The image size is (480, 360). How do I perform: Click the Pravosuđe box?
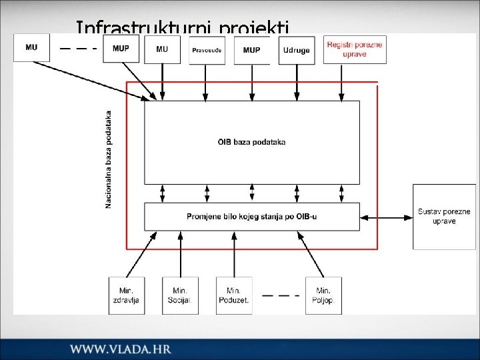[207, 50]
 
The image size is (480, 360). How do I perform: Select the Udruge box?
[297, 50]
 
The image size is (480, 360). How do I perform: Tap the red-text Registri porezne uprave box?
[355, 49]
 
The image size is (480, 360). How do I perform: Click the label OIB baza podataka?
[251, 141]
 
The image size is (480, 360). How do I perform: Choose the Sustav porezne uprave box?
[444, 217]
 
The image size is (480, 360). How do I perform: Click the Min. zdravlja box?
[127, 295]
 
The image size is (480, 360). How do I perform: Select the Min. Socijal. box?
[180, 295]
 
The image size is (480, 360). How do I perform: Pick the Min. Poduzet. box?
[234, 295]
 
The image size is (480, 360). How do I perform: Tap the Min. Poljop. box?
[323, 295]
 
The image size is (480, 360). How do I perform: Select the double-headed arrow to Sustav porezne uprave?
[387, 217]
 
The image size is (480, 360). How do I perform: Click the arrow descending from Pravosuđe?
[207, 83]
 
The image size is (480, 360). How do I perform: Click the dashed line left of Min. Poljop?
[280, 295]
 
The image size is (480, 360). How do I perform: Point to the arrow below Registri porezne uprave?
[341, 83]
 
